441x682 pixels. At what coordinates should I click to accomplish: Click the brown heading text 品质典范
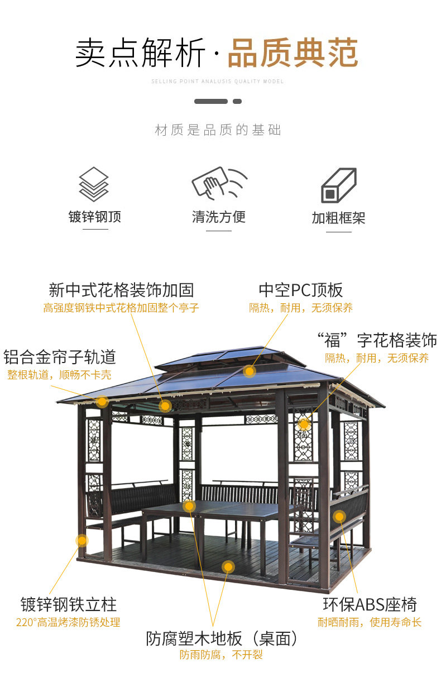(293, 54)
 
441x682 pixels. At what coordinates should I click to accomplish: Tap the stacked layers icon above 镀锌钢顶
(94, 184)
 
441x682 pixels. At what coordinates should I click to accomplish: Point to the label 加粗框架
(338, 218)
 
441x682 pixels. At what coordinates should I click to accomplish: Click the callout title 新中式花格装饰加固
(121, 290)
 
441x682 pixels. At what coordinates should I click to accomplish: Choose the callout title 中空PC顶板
(300, 290)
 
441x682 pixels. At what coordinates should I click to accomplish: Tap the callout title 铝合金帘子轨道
(60, 357)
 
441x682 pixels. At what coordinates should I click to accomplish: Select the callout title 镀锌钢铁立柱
(69, 604)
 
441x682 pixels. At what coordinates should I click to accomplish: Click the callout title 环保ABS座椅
(370, 604)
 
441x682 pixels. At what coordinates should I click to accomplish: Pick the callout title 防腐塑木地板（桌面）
(222, 638)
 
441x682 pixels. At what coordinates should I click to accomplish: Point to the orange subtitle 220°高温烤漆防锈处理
(68, 622)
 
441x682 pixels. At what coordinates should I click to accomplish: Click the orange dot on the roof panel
(250, 370)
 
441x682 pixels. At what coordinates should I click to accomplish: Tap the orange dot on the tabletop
(189, 506)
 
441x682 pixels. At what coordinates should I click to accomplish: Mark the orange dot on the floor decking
(228, 567)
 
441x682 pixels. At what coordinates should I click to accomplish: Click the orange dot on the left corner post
(82, 540)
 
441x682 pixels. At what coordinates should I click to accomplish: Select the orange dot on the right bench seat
(339, 516)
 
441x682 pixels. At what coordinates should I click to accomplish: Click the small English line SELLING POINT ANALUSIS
(218, 82)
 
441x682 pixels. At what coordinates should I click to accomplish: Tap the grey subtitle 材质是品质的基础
(218, 131)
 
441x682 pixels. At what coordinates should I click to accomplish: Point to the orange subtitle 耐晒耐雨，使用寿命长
(370, 622)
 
